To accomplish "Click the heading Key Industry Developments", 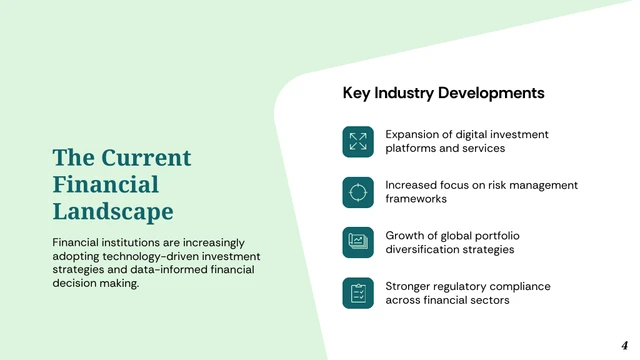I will click(x=443, y=93).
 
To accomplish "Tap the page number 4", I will click(x=624, y=343).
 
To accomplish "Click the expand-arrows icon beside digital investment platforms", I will click(x=358, y=141).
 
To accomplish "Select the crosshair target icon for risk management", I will click(x=358, y=192).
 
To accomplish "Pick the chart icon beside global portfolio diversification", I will click(x=358, y=242).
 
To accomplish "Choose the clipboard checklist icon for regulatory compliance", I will click(x=358, y=293).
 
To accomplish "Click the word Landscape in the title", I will click(x=113, y=212).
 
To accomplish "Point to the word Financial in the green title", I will click(x=106, y=185).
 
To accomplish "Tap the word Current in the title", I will click(x=140, y=158).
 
